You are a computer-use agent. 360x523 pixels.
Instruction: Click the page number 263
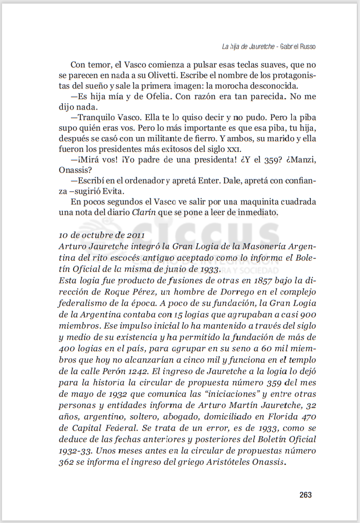[305, 495]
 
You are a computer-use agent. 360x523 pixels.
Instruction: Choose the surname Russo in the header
[305, 46]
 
